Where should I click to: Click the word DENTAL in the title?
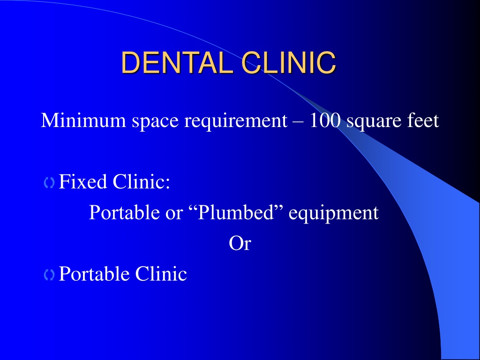pyautogui.click(x=176, y=62)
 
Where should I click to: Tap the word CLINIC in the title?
pyautogui.click(x=289, y=62)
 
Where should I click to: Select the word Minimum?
pyautogui.click(x=83, y=120)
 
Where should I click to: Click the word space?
pyautogui.click(x=155, y=122)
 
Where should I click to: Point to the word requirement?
pyautogui.click(x=236, y=121)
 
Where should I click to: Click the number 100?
pyautogui.click(x=325, y=120)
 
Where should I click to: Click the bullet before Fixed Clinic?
pyautogui.click(x=49, y=183)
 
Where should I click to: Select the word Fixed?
pyautogui.click(x=82, y=181)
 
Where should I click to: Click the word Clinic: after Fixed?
pyautogui.click(x=142, y=181)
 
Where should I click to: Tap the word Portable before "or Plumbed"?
pyautogui.click(x=124, y=212)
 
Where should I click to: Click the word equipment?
pyautogui.click(x=334, y=214)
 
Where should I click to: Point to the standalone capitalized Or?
pyautogui.click(x=240, y=243)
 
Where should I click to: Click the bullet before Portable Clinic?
pyautogui.click(x=49, y=275)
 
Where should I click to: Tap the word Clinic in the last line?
pyautogui.click(x=161, y=273)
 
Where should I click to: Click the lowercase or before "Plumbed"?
pyautogui.click(x=174, y=214)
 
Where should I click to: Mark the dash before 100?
pyautogui.click(x=299, y=122)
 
